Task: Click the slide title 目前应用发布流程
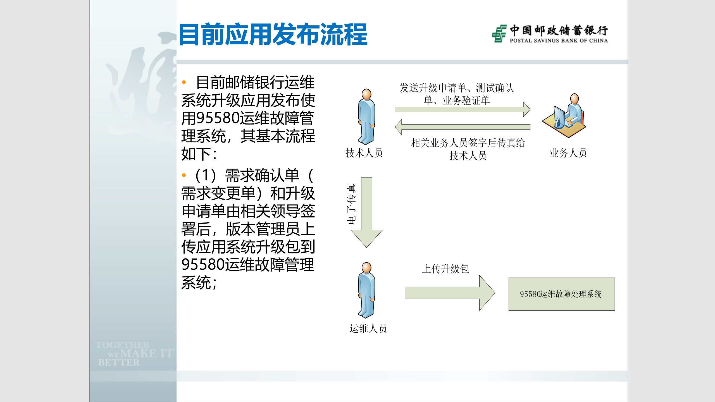pos(273,35)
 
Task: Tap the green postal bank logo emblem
pos(499,33)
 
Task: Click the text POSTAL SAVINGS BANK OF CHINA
pos(559,41)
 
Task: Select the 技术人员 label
pos(364,153)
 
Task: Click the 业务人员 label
pos(568,153)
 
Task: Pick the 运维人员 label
pos(368,329)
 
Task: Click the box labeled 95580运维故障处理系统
pos(561,294)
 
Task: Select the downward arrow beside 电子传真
pos(366,212)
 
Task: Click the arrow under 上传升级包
pos(450,293)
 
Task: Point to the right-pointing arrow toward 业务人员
pos(462,109)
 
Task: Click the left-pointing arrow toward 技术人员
pos(462,127)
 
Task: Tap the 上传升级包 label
pos(445,269)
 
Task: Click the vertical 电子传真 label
pos(352,204)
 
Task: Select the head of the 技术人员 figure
pos(366,94)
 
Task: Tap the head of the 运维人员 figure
pos(366,267)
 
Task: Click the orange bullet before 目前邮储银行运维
pos(184,82)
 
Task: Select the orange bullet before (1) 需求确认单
pos(184,175)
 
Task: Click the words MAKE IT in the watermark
pos(147,354)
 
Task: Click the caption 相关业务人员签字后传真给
pos(468,143)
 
